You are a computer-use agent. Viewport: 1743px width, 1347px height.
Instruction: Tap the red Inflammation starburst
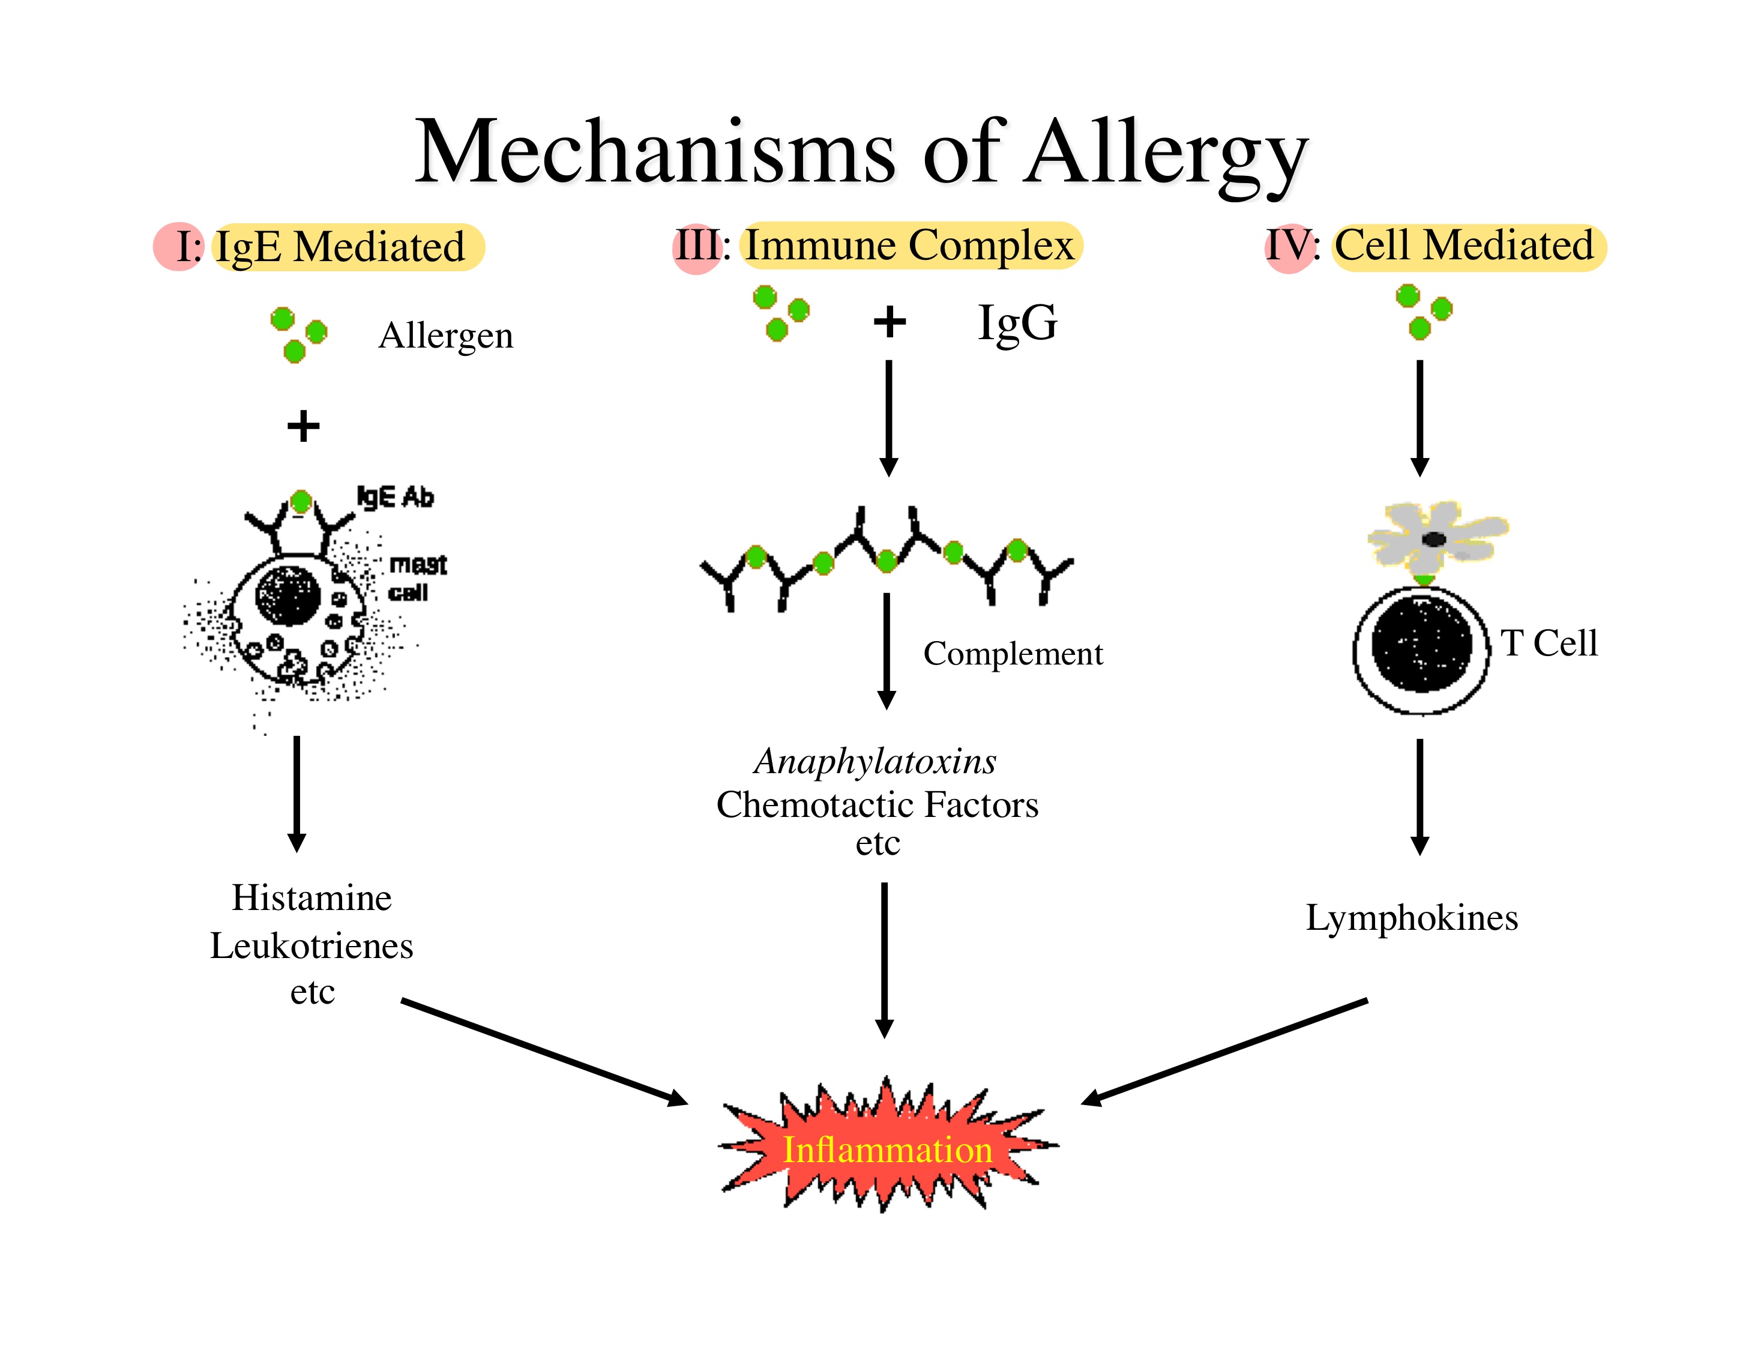click(888, 1149)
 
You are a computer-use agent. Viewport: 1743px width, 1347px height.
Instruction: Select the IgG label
click(1017, 322)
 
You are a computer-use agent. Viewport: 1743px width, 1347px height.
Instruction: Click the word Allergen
click(445, 335)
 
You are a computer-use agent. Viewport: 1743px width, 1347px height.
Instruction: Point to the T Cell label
click(1549, 643)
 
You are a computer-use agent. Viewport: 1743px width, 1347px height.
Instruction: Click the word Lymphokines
click(1411, 918)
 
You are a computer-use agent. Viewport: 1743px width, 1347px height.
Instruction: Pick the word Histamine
click(312, 898)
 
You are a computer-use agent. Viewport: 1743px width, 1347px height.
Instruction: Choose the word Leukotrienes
click(312, 945)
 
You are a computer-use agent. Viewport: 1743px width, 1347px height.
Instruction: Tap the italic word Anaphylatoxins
click(876, 761)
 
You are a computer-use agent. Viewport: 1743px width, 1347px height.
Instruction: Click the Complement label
click(1013, 654)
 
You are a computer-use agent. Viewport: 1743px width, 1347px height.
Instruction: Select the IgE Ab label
click(395, 497)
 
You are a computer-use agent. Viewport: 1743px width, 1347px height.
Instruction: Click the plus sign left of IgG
click(889, 322)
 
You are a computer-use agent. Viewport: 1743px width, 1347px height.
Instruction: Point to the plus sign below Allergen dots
click(303, 426)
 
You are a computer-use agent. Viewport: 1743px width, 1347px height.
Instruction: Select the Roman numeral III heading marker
click(697, 246)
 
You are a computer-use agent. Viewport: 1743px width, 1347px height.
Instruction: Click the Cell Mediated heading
click(1465, 246)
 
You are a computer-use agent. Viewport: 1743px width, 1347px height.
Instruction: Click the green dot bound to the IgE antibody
click(301, 502)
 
